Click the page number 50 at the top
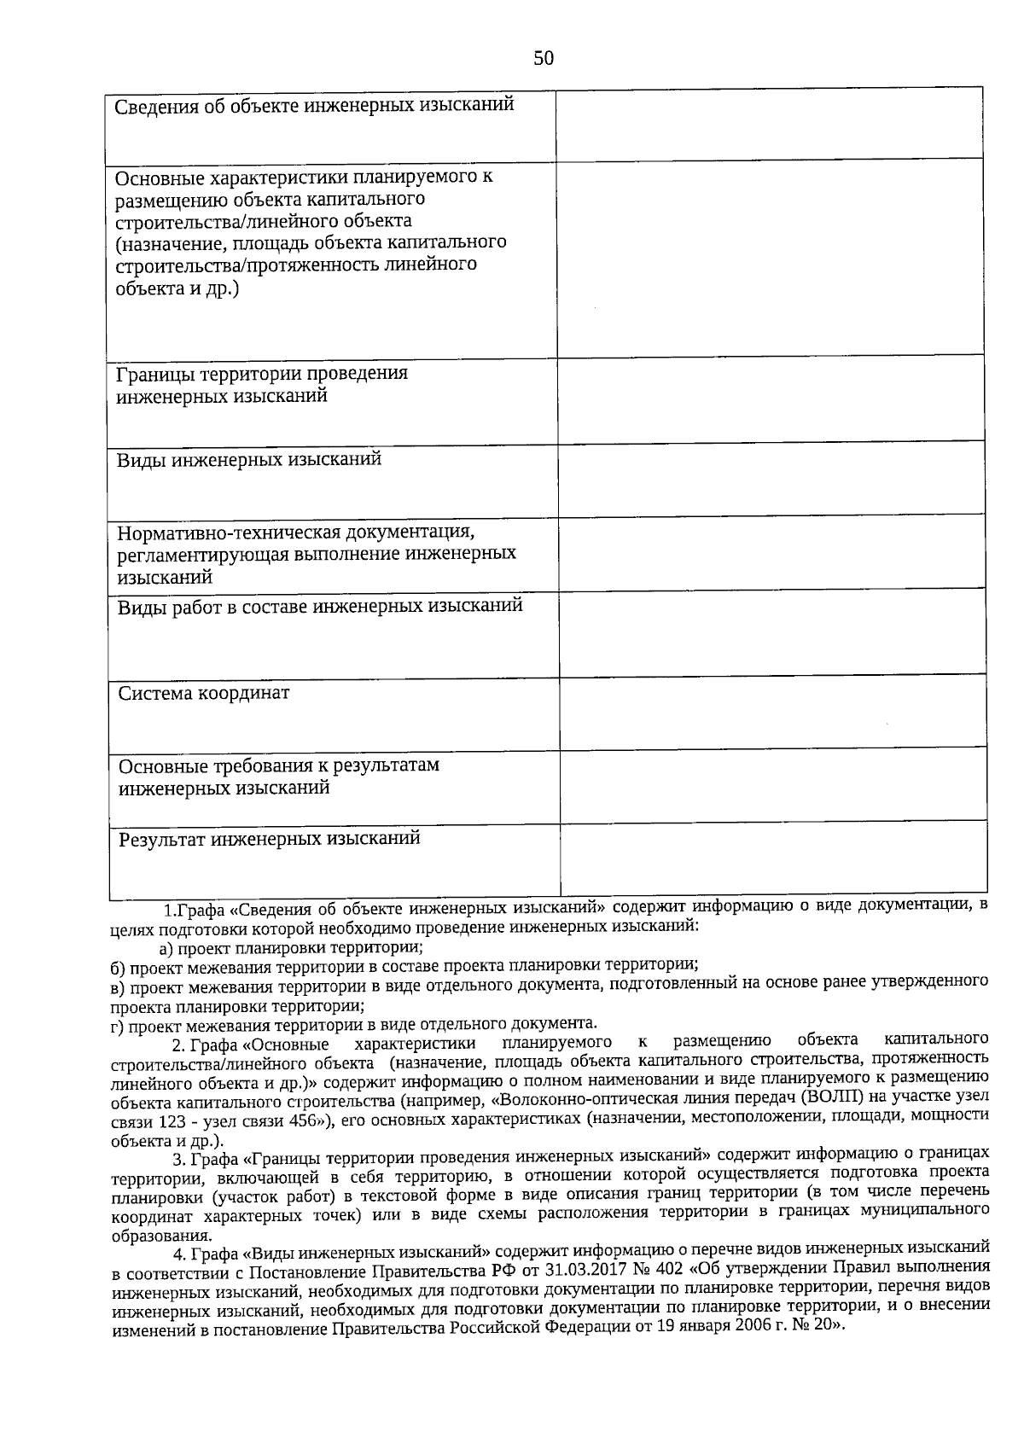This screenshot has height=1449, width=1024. [543, 58]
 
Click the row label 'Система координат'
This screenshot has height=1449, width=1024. [204, 693]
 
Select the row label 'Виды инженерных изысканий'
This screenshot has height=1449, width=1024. [249, 460]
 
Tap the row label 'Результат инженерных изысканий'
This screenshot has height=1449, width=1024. [270, 838]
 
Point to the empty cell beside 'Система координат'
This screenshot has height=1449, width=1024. [772, 714]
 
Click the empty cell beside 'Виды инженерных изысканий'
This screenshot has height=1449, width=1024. [772, 480]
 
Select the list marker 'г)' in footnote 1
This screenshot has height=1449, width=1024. [118, 1025]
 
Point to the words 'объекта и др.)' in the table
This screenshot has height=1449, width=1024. [177, 288]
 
